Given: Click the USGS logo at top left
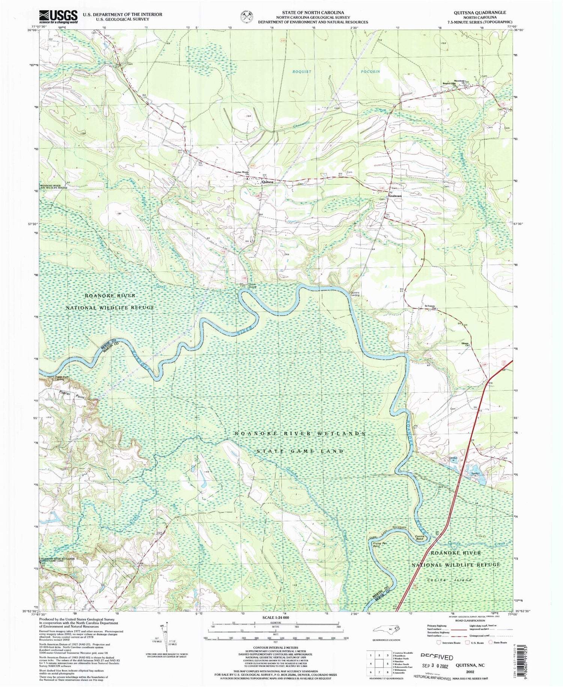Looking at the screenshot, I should click(x=58, y=17).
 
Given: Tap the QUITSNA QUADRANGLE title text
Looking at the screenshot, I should click(x=480, y=12).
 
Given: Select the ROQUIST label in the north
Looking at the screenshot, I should click(x=302, y=71).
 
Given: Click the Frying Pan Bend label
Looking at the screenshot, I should click(x=379, y=545).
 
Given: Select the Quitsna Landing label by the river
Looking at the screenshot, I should click(x=355, y=294).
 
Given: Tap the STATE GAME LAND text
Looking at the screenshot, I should click(x=300, y=451).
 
